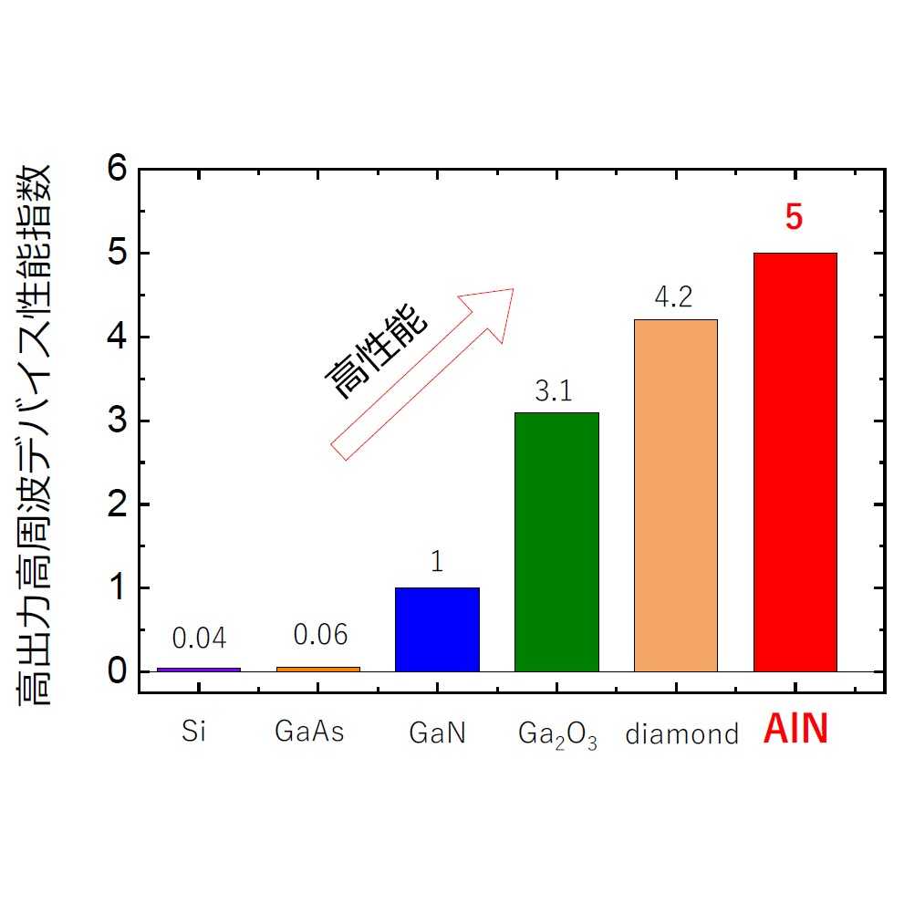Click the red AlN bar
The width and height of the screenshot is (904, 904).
point(795,462)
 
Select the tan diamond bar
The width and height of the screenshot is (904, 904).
point(675,495)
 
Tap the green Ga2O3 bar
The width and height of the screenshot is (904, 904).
point(556,542)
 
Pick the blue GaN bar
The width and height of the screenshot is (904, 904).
point(437,629)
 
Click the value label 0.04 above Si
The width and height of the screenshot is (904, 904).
point(199,639)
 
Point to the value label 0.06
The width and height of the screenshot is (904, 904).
point(320,635)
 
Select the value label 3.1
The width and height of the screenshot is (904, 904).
point(553,392)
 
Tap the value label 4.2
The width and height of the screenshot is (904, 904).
point(675,298)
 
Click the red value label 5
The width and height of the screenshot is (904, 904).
point(794,220)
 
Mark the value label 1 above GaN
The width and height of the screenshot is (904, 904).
point(437,562)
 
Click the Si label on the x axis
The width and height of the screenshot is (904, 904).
point(193,733)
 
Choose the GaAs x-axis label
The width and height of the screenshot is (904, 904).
point(310,733)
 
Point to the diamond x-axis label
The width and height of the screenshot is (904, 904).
point(681,734)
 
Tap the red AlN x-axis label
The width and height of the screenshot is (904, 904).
point(795,732)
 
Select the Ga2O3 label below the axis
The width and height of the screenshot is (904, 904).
point(557,734)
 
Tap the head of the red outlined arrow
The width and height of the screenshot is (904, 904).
point(493,310)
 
